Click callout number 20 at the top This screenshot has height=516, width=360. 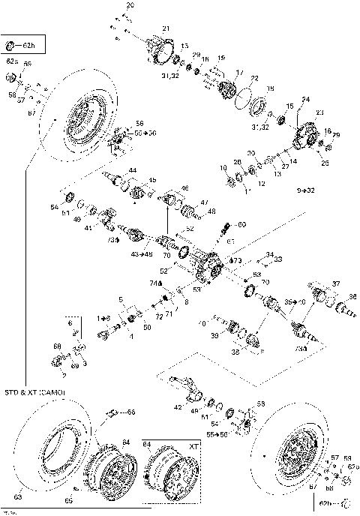click(x=130, y=5)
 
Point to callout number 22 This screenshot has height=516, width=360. click(x=254, y=79)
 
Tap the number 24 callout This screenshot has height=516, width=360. click(x=305, y=98)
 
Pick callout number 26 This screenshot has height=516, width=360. click(x=325, y=163)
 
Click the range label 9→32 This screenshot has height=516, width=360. click(x=306, y=191)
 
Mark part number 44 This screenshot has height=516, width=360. click(x=132, y=172)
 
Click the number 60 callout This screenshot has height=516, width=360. click(x=241, y=224)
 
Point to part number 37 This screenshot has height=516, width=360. click(x=337, y=283)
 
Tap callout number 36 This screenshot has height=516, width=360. click(x=352, y=297)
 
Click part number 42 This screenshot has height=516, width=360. click(x=177, y=406)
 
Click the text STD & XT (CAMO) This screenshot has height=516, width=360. click(x=36, y=393)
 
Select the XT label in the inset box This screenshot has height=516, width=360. click(x=192, y=445)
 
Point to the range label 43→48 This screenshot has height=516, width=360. click(x=141, y=254)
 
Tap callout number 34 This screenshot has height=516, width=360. click(x=270, y=254)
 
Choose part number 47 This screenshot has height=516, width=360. click(x=204, y=202)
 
